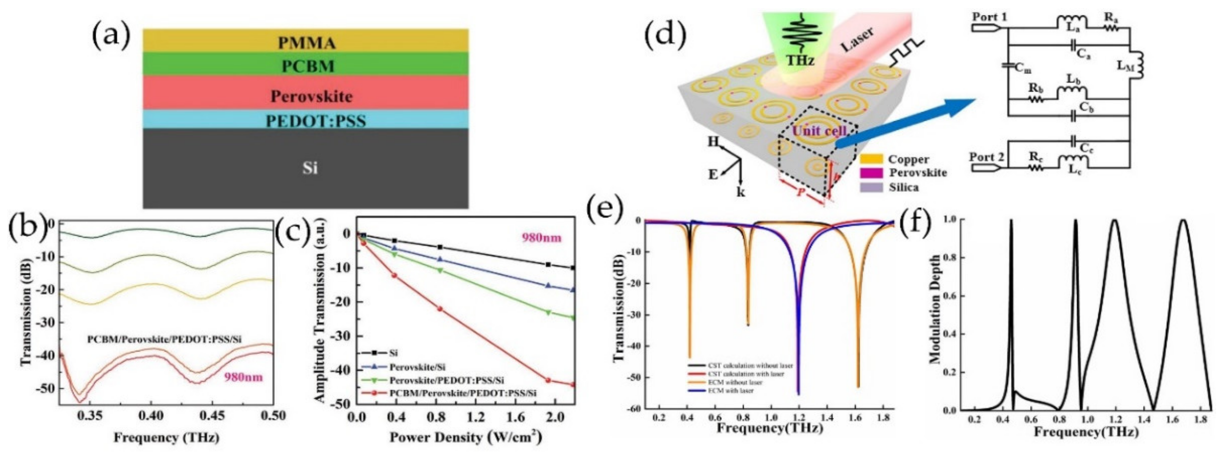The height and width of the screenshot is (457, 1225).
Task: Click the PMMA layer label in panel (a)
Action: click(x=306, y=43)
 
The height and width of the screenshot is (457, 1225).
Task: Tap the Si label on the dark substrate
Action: click(x=310, y=168)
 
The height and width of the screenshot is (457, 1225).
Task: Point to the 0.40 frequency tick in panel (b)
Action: click(x=151, y=415)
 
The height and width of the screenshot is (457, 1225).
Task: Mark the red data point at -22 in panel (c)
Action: click(x=440, y=309)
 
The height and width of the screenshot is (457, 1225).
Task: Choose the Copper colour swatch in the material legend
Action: click(x=871, y=159)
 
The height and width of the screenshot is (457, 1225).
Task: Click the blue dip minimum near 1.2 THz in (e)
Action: click(x=798, y=393)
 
